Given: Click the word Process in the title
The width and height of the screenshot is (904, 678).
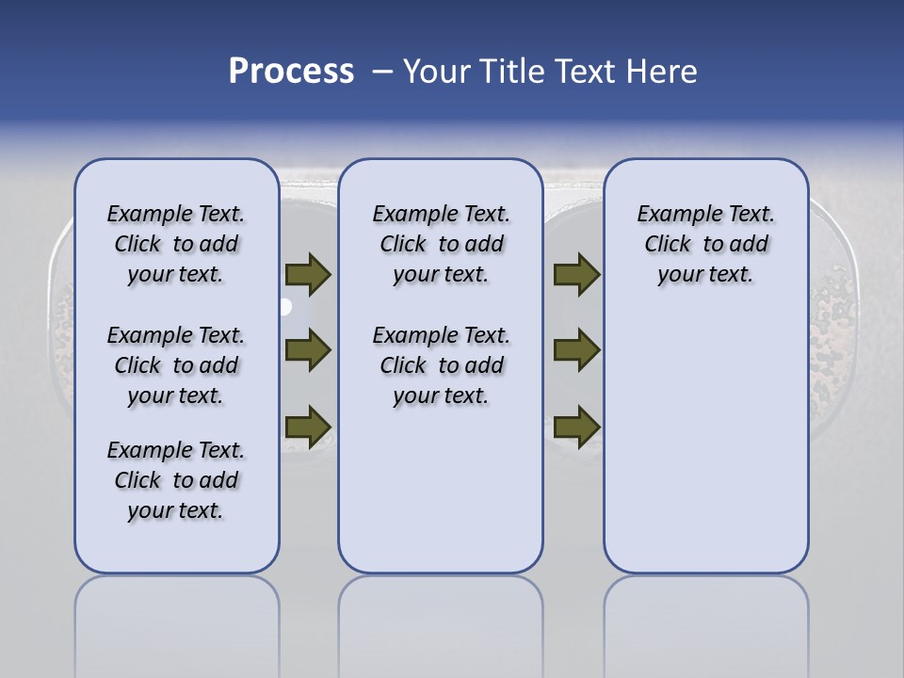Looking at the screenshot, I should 291,72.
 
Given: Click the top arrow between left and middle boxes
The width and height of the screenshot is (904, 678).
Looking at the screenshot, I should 308,275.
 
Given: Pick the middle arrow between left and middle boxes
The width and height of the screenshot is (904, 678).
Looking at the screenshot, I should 308,350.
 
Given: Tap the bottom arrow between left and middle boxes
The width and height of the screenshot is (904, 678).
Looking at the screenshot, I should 308,426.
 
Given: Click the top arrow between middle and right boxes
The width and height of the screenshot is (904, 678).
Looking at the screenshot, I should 576,275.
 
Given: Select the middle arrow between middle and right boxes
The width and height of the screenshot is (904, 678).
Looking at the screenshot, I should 576,350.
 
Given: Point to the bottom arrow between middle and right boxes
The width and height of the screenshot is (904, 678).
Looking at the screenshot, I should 576,426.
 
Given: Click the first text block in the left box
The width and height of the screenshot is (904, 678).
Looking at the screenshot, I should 176,244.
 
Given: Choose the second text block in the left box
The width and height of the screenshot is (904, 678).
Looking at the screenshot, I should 176,365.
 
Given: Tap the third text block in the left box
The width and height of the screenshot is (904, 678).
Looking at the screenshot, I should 176,480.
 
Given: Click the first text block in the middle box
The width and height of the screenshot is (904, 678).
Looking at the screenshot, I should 441,244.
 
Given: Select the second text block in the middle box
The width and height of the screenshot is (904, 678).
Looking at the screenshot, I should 441,365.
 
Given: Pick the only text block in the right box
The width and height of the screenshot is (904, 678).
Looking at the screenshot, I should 705,244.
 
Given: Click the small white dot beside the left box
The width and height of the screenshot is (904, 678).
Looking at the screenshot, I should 284,307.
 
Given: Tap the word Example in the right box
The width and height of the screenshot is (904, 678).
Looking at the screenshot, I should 671,215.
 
